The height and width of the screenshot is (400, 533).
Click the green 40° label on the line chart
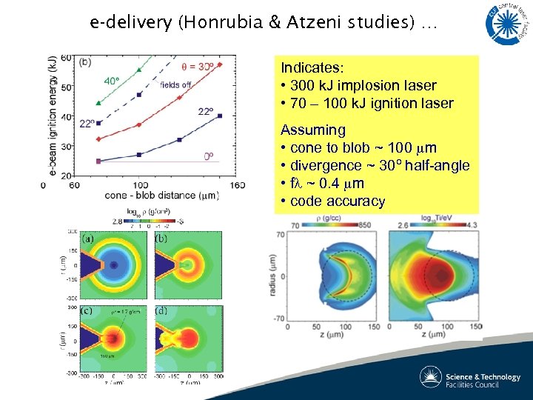pos(111,80)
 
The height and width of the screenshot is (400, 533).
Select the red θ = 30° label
pos(198,66)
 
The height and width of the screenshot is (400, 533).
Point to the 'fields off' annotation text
pos(175,84)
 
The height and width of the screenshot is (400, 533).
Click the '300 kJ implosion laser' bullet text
pos(363,85)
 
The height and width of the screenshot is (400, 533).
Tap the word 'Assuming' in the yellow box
pos(313,130)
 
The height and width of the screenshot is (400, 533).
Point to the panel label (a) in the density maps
pos(87,239)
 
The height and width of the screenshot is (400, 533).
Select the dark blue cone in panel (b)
pos(163,263)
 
